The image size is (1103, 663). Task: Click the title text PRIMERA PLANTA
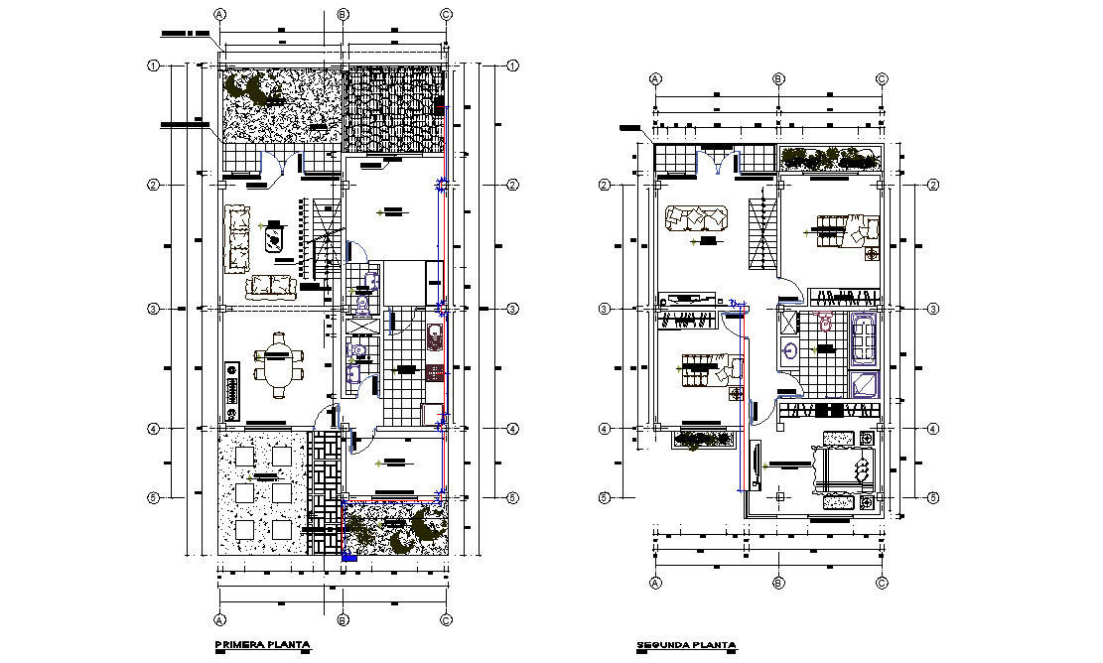263,645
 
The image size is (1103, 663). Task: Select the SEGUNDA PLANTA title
686,647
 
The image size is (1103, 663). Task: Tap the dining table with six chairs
281,362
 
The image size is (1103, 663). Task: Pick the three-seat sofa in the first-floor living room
237,238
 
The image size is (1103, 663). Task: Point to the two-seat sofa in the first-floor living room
272,287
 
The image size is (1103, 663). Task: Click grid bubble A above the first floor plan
220,14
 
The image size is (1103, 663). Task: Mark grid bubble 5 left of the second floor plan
603,497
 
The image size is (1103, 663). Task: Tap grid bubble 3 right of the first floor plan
512,310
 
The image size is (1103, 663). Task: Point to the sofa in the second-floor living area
697,217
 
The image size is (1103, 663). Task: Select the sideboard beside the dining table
233,390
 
